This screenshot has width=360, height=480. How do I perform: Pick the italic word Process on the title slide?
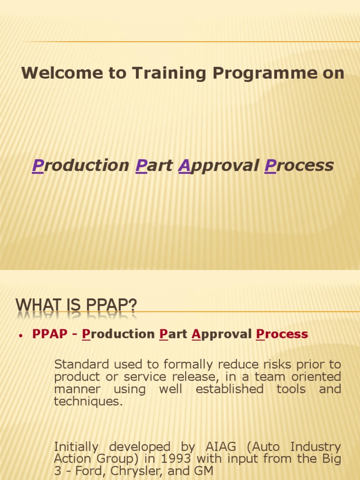point(299,165)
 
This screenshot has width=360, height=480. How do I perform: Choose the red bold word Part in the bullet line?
point(173,334)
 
